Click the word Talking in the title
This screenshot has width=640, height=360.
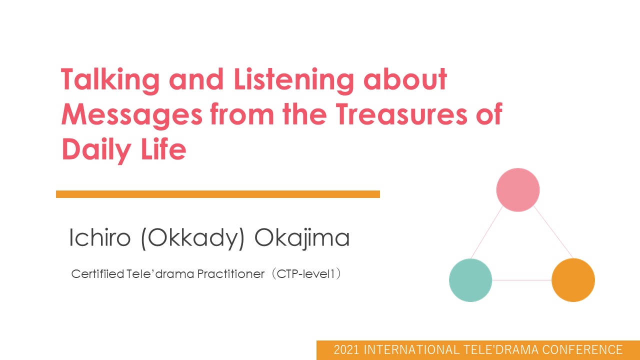tap(110, 81)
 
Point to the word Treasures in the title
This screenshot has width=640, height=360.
tap(401, 114)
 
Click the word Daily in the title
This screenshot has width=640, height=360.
tap(96, 149)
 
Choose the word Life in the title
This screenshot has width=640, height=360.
tap(163, 148)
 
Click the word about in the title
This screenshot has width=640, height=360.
tap(405, 79)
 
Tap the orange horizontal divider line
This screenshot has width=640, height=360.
tap(218, 194)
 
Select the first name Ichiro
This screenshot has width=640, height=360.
tap(99, 237)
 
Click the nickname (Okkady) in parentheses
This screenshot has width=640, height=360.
tap(193, 239)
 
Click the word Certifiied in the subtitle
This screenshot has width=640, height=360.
tap(97, 274)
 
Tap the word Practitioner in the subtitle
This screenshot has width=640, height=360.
tap(231, 274)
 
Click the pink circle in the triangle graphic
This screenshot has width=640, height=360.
tap(518, 190)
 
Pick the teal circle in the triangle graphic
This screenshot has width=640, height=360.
tap(470, 280)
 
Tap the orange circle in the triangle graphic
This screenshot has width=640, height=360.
tap(573, 280)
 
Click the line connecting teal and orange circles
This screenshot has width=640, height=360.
tap(521, 280)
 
